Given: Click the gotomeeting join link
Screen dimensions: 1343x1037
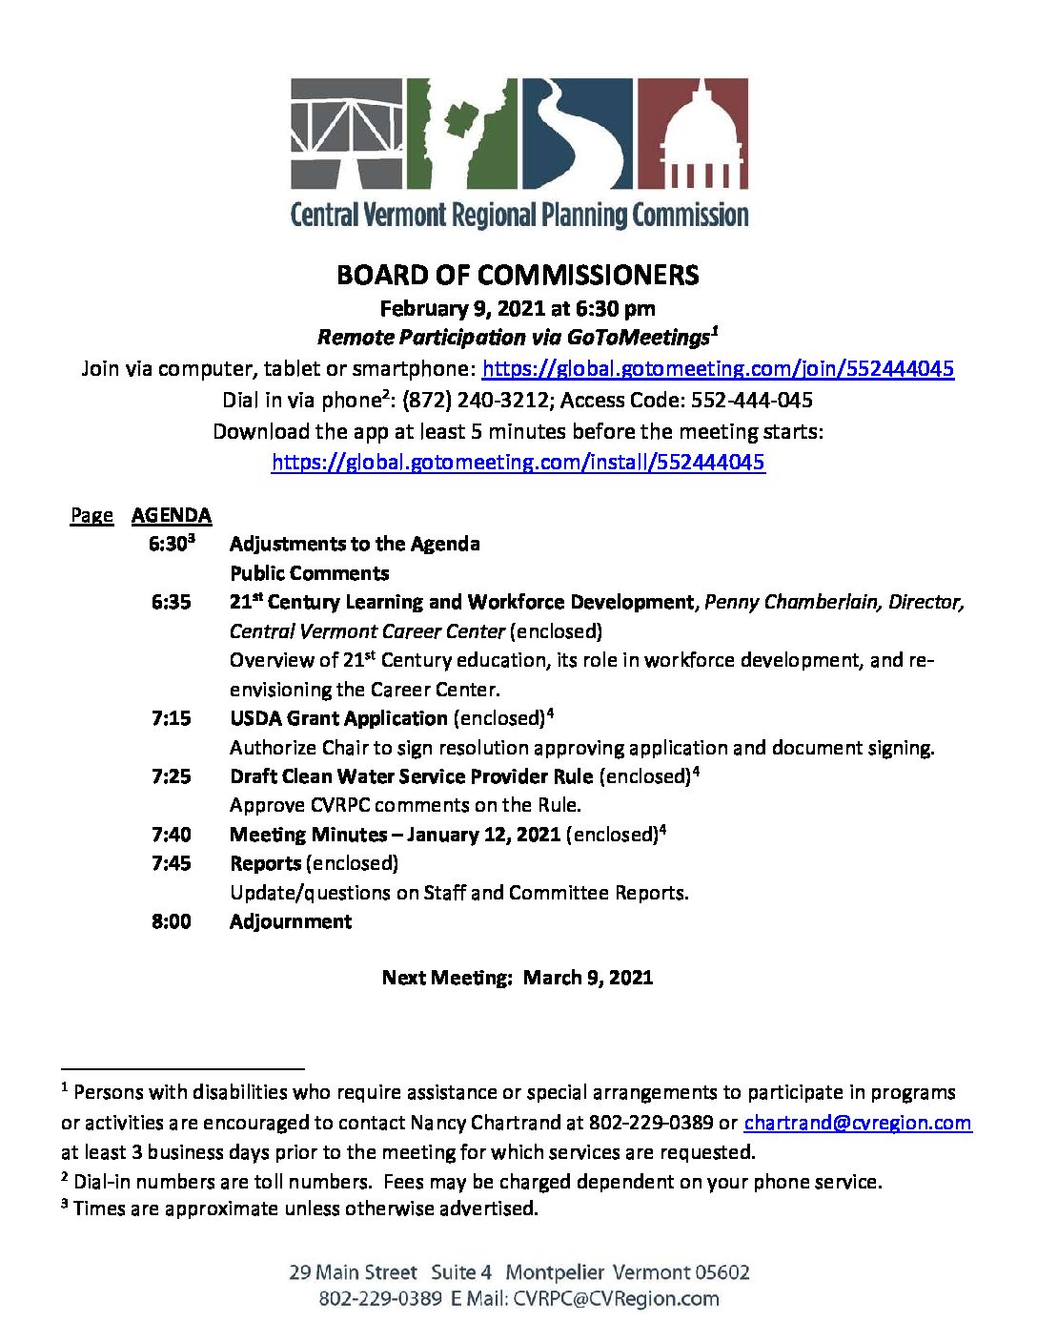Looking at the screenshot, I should [718, 369].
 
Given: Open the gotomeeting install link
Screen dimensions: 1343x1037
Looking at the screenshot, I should [518, 463].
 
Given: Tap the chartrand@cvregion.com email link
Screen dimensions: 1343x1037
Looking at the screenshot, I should [857, 1123].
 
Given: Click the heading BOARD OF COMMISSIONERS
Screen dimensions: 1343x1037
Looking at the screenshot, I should [518, 276].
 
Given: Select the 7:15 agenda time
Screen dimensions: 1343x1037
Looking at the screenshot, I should [171, 718].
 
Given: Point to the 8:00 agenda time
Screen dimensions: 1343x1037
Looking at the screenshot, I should [171, 921].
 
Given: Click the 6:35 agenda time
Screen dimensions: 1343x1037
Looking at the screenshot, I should [171, 602].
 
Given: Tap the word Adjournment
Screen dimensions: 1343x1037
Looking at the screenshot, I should [291, 921].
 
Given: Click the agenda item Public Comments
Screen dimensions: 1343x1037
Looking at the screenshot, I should [309, 573].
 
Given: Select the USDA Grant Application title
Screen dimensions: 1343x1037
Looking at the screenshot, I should [338, 718].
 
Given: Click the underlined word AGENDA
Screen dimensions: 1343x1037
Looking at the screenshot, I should [172, 516].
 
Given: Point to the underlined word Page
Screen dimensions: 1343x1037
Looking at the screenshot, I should [91, 516].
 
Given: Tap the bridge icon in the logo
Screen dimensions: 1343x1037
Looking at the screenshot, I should [347, 134].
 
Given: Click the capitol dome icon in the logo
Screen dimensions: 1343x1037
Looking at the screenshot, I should [692, 134].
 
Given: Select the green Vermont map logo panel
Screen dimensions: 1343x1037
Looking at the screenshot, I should [462, 134].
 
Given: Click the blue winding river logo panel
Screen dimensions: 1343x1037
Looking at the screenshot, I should [577, 134].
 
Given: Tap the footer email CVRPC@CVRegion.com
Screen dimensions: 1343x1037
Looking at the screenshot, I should [616, 1299].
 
